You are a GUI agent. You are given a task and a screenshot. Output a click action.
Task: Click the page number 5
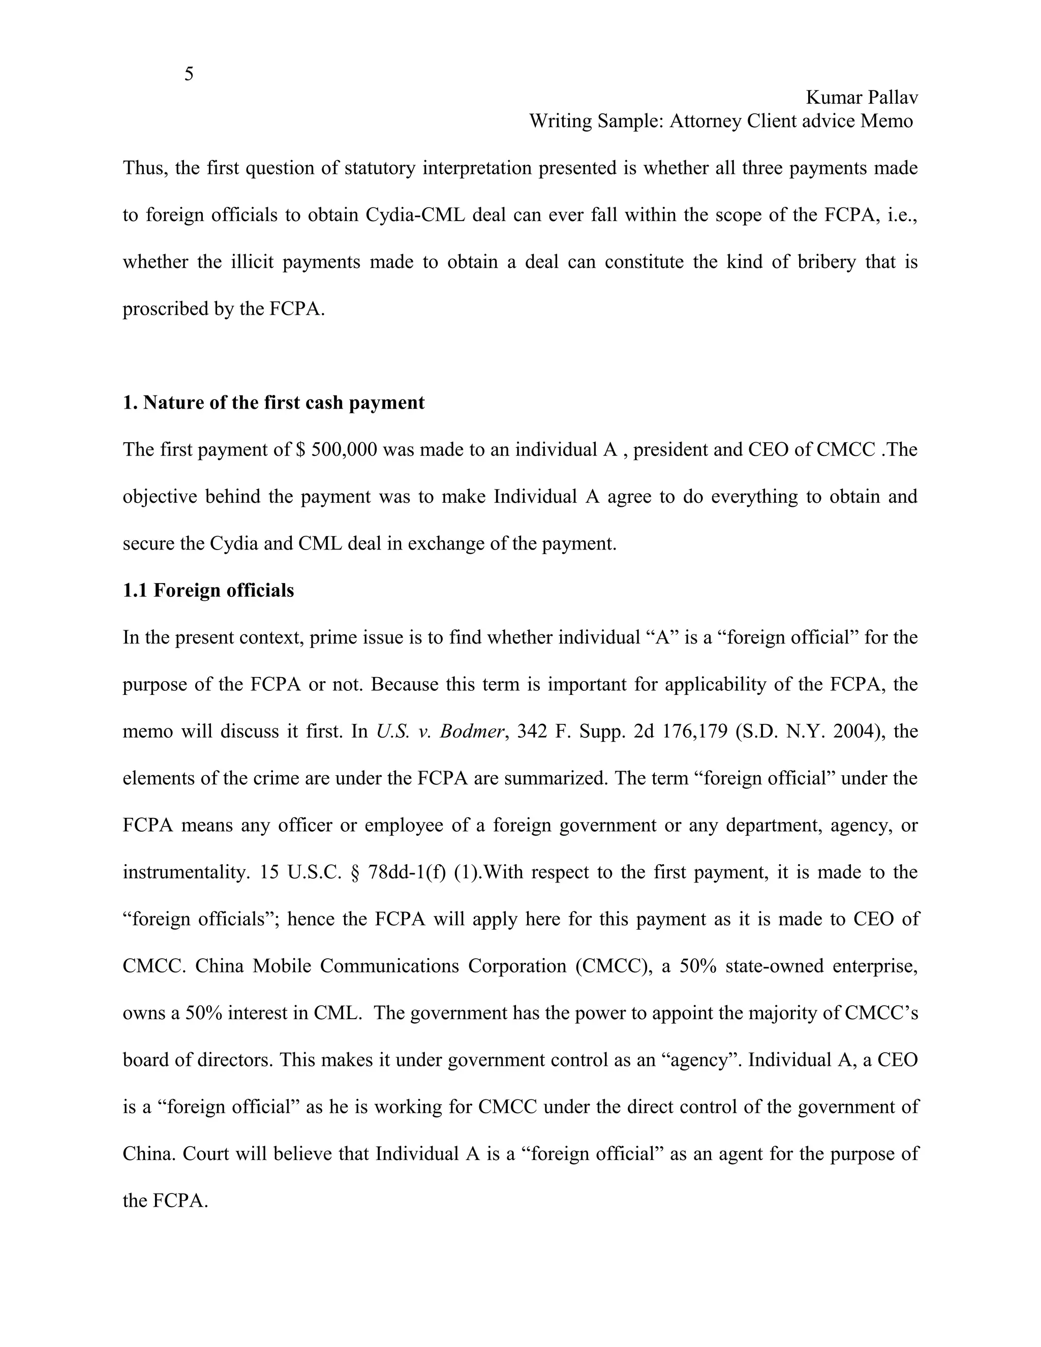pyautogui.click(x=189, y=74)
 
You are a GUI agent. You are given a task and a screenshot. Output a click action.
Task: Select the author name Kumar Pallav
pyautogui.click(x=862, y=98)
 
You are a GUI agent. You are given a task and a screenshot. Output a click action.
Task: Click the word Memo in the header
pyautogui.click(x=887, y=121)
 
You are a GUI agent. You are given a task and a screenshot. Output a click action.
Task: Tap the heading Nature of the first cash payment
pyautogui.click(x=284, y=403)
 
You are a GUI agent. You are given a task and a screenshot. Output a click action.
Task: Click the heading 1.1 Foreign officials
pyautogui.click(x=208, y=590)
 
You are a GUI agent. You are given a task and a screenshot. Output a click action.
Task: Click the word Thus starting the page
pyautogui.click(x=145, y=168)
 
